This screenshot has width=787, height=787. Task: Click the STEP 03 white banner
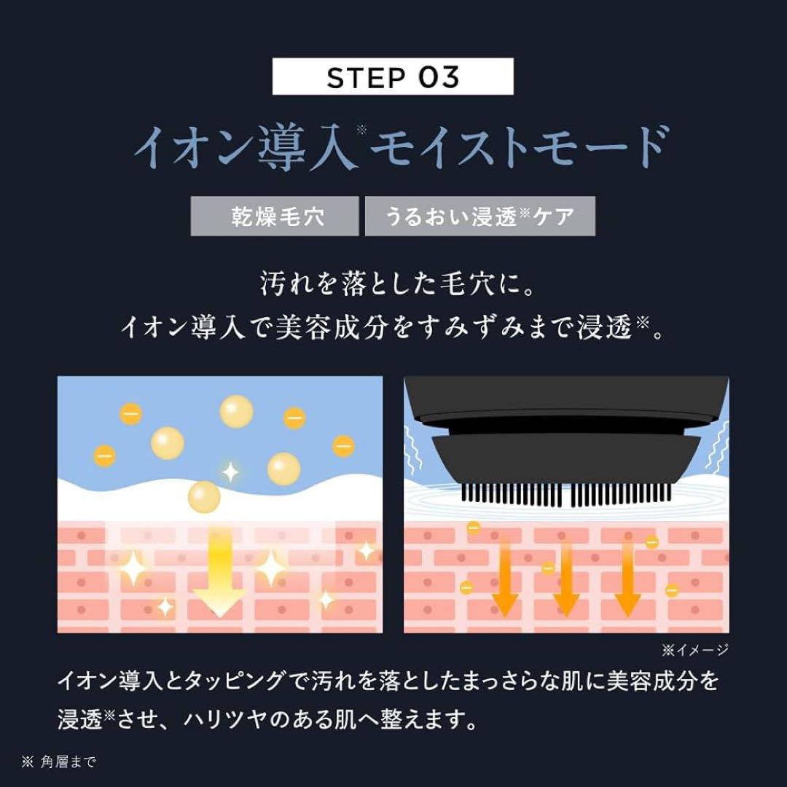393,77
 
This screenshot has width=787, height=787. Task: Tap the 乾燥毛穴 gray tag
275,216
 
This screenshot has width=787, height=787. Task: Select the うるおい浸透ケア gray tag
479,216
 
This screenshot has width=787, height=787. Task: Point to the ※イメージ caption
694,650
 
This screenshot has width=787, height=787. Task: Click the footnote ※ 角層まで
59,762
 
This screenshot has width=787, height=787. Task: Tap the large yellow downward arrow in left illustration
219,572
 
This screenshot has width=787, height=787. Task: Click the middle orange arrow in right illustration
566,578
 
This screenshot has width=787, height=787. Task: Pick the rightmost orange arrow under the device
627,578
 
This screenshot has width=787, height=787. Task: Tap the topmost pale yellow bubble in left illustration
236,411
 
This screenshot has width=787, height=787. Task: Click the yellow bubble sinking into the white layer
204,497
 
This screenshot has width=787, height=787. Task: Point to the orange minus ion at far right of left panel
343,446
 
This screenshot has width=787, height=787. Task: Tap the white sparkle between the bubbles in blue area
230,471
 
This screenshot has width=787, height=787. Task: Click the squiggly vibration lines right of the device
719,447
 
